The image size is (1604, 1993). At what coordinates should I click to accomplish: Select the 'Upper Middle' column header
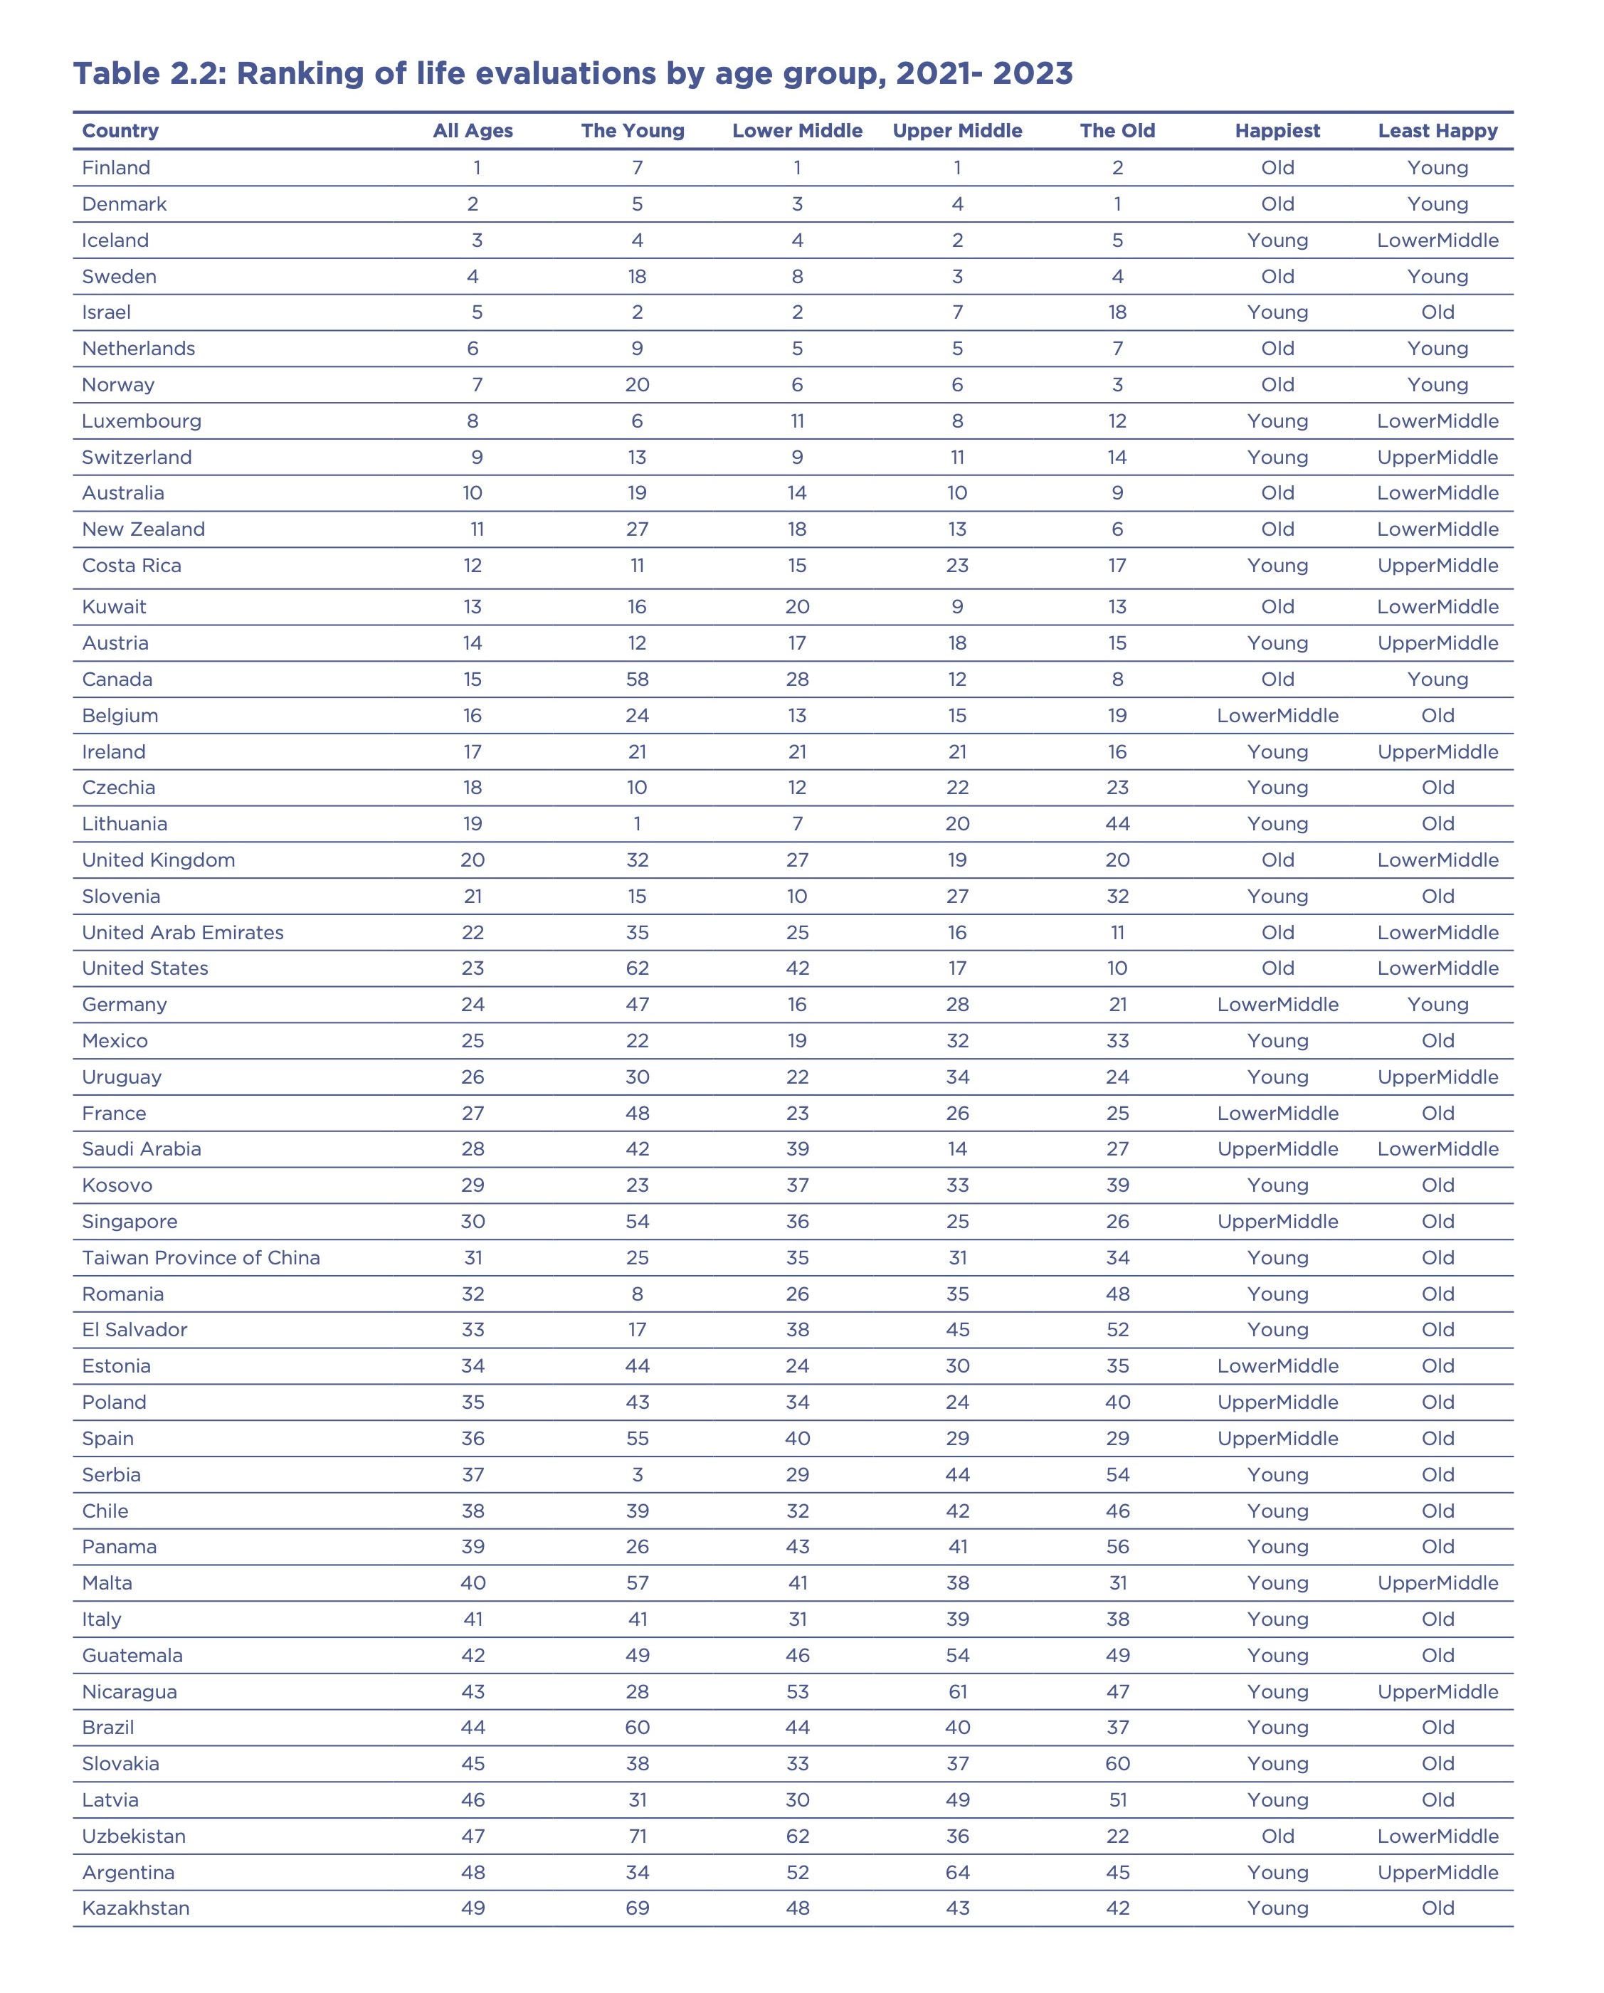[957, 130]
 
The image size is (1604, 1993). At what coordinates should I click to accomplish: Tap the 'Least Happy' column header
[1437, 130]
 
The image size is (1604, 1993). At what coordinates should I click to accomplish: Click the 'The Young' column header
[633, 130]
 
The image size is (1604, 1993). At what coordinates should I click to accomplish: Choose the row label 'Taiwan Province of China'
[201, 1257]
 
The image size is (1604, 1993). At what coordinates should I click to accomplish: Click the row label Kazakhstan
[135, 1908]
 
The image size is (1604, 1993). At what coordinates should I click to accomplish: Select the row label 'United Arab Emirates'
[182, 932]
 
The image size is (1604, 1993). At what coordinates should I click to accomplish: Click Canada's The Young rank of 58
[637, 680]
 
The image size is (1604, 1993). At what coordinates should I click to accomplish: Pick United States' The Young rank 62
[637, 968]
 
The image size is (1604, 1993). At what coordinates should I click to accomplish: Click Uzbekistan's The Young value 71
[637, 1836]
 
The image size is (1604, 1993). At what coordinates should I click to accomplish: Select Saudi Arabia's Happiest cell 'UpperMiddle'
[1277, 1149]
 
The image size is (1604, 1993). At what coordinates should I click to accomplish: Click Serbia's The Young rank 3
[637, 1474]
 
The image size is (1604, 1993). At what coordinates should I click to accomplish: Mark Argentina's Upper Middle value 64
[957, 1872]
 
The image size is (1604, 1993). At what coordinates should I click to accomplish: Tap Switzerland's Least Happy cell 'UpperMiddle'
[1437, 457]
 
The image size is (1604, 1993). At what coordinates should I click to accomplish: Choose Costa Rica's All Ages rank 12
[473, 566]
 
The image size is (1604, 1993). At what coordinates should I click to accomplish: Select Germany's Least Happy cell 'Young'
[1437, 1004]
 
